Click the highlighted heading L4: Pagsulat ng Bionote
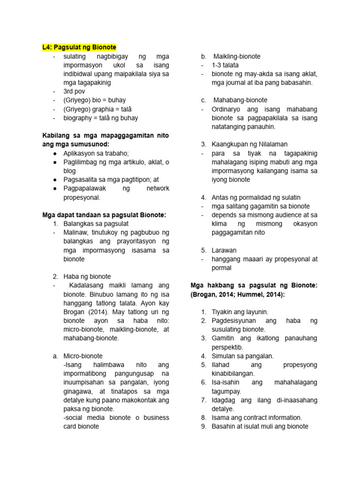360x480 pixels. pos(79,47)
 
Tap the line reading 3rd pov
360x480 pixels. pos(75,91)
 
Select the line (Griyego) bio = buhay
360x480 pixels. pos(94,100)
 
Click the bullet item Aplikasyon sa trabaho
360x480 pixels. pos(96,153)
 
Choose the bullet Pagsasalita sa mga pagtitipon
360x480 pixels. pos(111,180)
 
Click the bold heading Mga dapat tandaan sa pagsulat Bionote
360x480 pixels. pos(104,215)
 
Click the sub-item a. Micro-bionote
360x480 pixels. pos(83,356)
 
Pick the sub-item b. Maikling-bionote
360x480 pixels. pos(237,56)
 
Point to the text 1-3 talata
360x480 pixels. pos(225,65)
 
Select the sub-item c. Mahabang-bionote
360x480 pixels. pos(240,100)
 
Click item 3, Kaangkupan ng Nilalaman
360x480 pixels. pos(249,144)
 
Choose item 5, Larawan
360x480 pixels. pos(224,250)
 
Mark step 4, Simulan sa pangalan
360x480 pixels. pos(242,356)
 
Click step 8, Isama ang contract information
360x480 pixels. pos(257,418)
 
